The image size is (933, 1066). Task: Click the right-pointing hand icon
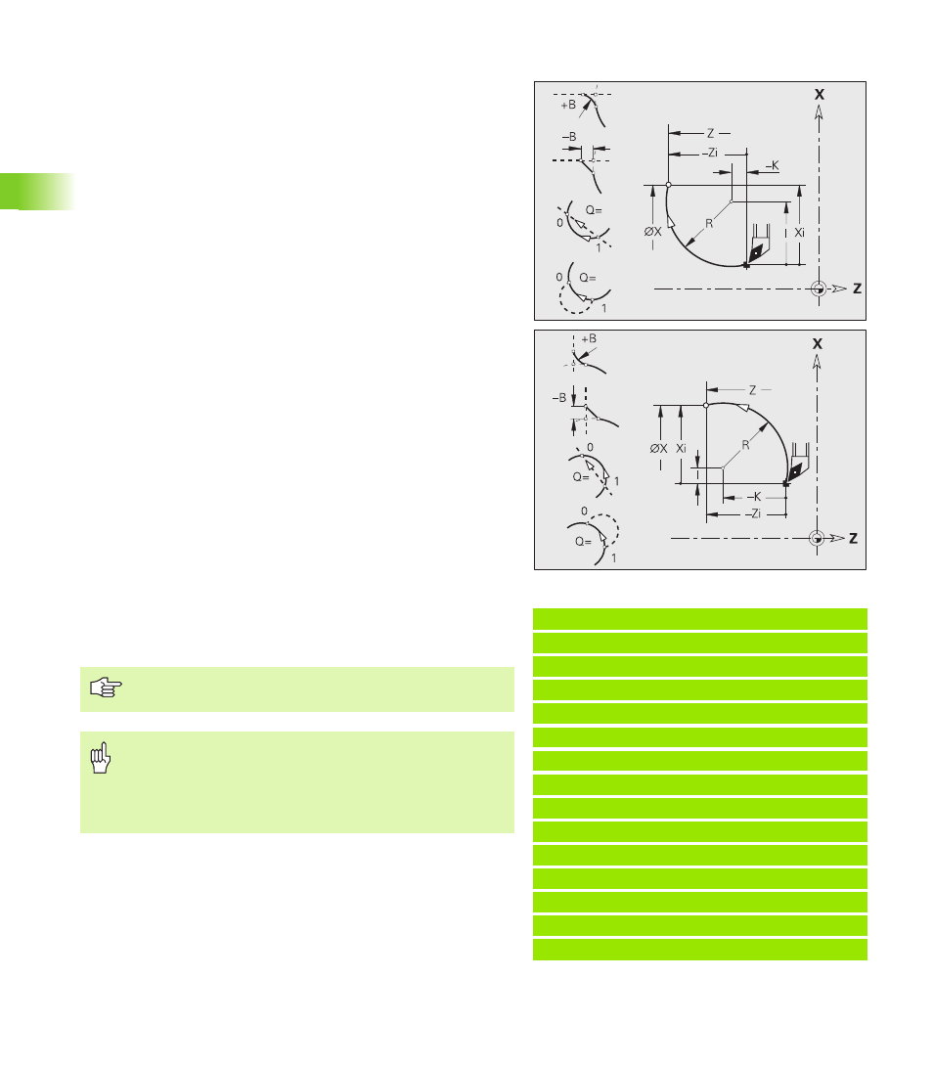[106, 688]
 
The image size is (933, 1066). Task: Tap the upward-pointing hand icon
[101, 757]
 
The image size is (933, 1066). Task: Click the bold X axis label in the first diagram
[820, 95]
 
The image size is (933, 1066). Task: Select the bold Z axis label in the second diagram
[854, 539]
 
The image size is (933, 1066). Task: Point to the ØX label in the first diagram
[653, 232]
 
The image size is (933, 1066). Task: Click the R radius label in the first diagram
[709, 223]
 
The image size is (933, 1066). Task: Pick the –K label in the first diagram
[773, 165]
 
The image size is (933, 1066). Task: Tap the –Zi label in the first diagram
[710, 153]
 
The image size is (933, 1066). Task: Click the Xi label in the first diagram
[800, 233]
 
